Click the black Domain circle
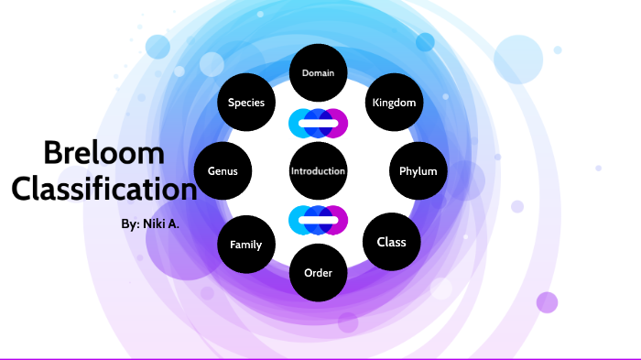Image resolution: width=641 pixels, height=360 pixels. coord(318,72)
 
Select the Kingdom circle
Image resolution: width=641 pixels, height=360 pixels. coord(394,103)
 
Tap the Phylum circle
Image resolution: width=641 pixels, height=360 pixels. coord(418,171)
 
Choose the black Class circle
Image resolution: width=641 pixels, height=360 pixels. coord(391,242)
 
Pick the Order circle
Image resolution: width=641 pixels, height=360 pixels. coord(318,272)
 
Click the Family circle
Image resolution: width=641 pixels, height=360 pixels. coord(245,245)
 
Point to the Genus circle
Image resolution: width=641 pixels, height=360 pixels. coord(223,171)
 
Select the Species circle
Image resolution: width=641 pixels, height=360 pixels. coord(246,103)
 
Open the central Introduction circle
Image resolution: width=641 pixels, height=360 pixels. coord(318,171)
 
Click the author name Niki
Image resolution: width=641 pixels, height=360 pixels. coord(155,224)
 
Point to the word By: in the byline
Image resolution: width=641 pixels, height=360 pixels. coord(130,224)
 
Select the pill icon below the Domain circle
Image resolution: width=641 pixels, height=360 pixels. coord(318,122)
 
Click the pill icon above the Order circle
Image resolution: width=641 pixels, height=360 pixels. coord(318,220)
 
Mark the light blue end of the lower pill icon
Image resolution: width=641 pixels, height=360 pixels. coord(298,220)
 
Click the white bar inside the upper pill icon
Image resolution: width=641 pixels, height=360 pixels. coord(318,123)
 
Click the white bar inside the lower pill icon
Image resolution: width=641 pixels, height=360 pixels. coord(318,220)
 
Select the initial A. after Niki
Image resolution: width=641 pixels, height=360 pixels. coord(174,224)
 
